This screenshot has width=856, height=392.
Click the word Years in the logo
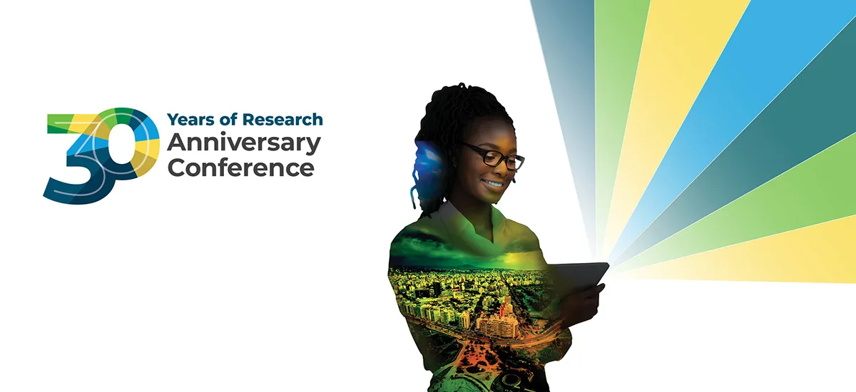(190, 120)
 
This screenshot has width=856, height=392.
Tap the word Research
(282, 120)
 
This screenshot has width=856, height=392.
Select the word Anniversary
(244, 144)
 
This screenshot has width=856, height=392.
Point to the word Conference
(241, 168)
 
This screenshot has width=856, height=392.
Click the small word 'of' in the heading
(228, 119)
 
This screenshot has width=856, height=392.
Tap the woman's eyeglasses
(493, 156)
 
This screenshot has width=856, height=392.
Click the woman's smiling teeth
(493, 184)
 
